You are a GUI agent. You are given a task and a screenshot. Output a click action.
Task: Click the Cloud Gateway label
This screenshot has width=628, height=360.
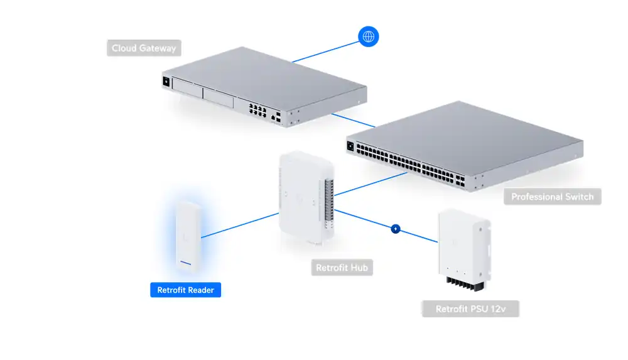[x=144, y=48]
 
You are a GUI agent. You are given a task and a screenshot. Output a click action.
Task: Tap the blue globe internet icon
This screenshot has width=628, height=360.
[x=368, y=36]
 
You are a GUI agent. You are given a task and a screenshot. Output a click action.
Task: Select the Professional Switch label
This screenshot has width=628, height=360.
[x=552, y=197]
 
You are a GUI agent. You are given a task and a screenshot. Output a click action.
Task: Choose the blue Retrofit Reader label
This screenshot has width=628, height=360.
[x=185, y=290]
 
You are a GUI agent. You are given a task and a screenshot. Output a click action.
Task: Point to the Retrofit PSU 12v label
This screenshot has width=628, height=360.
[x=470, y=309]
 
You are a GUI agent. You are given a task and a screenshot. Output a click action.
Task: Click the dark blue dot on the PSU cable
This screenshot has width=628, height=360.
[x=396, y=229]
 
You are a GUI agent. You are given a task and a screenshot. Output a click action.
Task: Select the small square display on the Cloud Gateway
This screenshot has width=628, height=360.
[x=166, y=81]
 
